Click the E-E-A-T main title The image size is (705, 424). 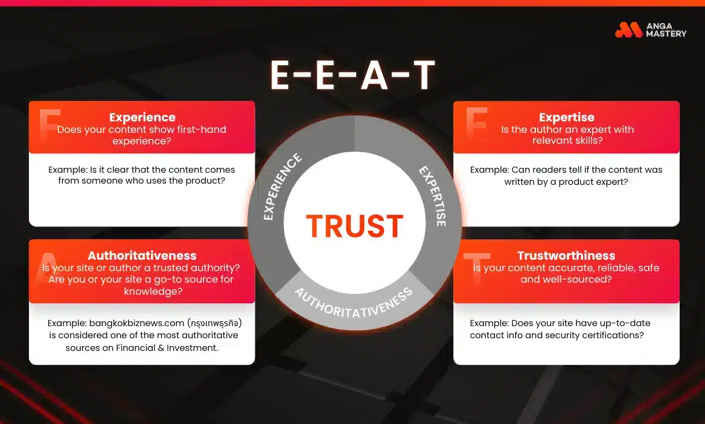pyautogui.click(x=353, y=75)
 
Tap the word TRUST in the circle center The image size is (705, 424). pyautogui.click(x=354, y=225)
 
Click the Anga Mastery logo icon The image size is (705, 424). pyautogui.click(x=628, y=30)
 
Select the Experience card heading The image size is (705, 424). pyautogui.click(x=142, y=117)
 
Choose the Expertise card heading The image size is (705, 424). pyautogui.click(x=566, y=117)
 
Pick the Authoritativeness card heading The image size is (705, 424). pyautogui.click(x=142, y=255)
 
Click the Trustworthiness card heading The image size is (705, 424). pyautogui.click(x=566, y=255)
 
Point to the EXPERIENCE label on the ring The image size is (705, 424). pyautogui.click(x=282, y=187)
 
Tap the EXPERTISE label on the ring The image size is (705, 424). pyautogui.click(x=432, y=196)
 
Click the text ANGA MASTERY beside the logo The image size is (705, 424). pyautogui.click(x=666, y=30)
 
